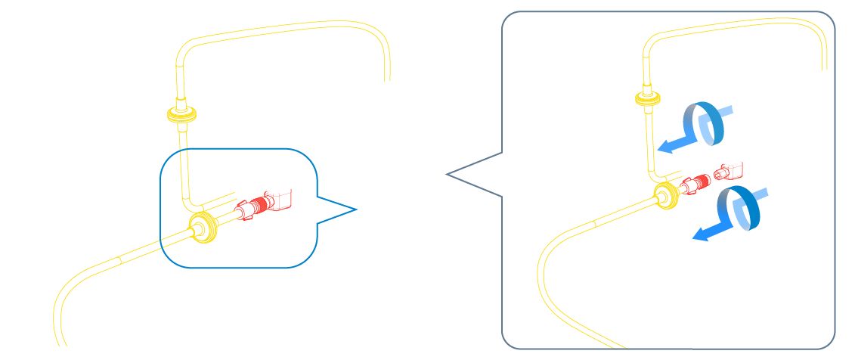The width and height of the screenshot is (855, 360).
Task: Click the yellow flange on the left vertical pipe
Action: click(181, 116)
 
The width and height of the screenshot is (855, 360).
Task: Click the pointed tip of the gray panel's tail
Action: click(448, 175)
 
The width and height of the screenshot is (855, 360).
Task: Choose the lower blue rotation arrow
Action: click(740, 209)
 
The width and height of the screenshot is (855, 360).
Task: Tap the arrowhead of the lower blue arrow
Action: click(699, 236)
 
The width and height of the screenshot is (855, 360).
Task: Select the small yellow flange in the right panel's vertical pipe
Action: click(649, 97)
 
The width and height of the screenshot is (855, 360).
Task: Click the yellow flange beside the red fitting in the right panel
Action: click(666, 194)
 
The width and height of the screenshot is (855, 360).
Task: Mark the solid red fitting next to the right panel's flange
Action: click(695, 183)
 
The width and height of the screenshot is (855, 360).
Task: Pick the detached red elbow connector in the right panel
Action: click(730, 170)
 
